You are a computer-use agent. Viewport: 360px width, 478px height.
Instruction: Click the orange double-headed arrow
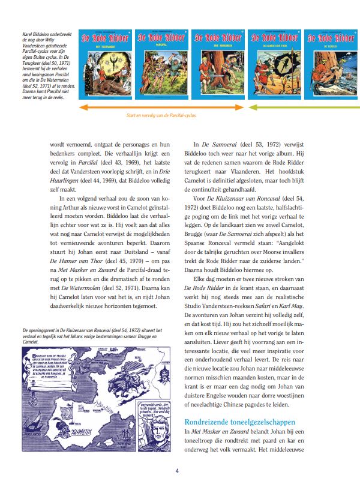[162, 107]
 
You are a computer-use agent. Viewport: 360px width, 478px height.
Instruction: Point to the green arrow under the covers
[303, 107]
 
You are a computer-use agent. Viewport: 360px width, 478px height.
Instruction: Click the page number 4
[178, 470]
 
